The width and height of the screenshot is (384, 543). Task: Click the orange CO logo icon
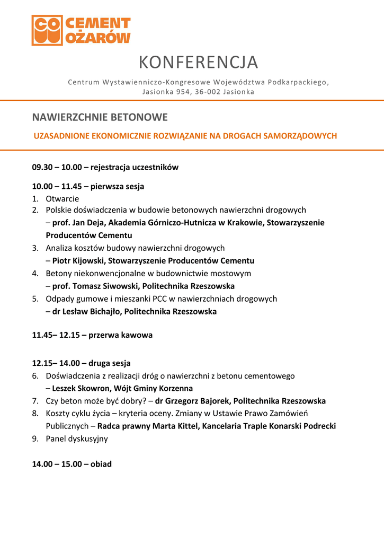pyautogui.click(x=47, y=30)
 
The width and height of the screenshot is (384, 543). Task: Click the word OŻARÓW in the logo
pyautogui.click(x=99, y=38)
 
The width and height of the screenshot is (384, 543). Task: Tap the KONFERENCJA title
pyautogui.click(x=198, y=63)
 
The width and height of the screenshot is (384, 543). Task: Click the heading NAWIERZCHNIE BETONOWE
pyautogui.click(x=100, y=117)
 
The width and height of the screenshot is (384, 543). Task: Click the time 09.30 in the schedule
pyautogui.click(x=42, y=167)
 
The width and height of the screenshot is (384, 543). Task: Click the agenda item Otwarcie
pyautogui.click(x=62, y=199)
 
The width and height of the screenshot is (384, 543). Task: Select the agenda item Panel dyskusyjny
pyautogui.click(x=77, y=439)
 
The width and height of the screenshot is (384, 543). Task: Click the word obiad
pyautogui.click(x=101, y=464)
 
